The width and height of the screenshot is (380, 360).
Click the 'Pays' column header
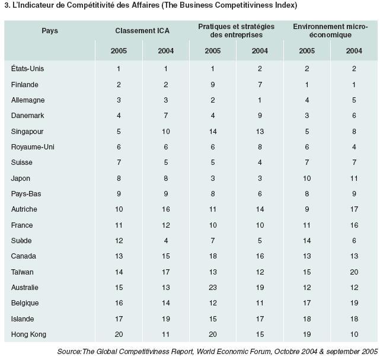point(50,31)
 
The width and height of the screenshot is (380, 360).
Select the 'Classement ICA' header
point(142,31)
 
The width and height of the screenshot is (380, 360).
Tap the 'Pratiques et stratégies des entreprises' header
point(237,31)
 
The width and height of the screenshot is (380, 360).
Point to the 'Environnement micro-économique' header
point(330,31)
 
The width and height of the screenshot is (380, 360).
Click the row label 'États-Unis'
point(27,69)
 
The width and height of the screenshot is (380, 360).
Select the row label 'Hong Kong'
point(28,334)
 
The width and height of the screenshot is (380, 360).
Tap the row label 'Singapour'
point(27,132)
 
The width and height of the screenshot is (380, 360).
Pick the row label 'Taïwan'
point(23,272)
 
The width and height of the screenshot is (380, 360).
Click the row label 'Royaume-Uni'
point(33,147)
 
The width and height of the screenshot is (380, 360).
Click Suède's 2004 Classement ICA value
point(166,241)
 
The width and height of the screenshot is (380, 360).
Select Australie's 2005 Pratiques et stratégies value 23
point(213,288)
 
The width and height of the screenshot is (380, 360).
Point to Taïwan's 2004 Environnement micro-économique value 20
point(354,272)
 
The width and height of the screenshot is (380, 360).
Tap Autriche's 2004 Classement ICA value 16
point(166,209)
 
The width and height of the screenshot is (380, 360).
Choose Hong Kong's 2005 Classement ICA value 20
point(119,334)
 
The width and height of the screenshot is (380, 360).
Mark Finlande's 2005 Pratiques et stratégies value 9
point(213,85)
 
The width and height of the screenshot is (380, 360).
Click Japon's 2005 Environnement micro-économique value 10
point(307,179)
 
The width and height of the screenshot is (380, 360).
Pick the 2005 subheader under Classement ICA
point(119,51)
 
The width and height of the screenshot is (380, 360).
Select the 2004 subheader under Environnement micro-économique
point(354,51)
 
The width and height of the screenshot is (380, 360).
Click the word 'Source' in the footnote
point(69,352)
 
